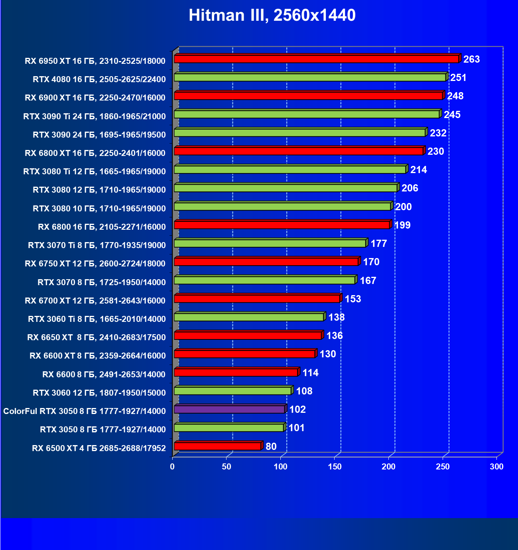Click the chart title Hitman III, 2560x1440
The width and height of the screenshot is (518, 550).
(272, 16)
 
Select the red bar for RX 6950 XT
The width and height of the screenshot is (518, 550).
(316, 59)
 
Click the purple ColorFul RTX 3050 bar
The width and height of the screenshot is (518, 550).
(229, 410)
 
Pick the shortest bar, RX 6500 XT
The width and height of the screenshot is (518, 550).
(217, 446)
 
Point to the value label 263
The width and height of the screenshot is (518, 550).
(471, 59)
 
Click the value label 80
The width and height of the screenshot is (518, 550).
(271, 446)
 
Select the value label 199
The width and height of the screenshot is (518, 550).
(402, 225)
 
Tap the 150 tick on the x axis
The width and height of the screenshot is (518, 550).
(335, 467)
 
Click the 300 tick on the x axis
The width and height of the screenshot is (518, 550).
(496, 467)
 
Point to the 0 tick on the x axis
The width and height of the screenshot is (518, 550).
(172, 467)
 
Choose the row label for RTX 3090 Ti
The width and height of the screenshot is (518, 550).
(95, 116)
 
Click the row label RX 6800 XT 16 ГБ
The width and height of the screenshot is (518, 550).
(95, 153)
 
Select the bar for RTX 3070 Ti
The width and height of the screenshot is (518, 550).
(270, 244)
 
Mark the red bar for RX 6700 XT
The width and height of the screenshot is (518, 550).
(257, 299)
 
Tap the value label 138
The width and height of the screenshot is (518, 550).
(336, 317)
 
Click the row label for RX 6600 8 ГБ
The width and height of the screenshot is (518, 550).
(104, 374)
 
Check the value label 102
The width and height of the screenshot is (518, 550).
(297, 410)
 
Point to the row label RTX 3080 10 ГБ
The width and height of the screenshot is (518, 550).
(99, 208)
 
